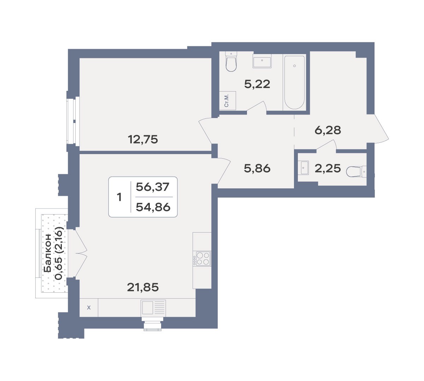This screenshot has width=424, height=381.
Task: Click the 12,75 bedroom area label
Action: pyautogui.click(x=143, y=139)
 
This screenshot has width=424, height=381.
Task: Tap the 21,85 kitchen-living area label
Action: pyautogui.click(x=143, y=287)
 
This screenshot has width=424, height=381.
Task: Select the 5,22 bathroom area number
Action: pyautogui.click(x=257, y=84)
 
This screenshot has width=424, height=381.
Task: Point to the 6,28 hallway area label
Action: pyautogui.click(x=328, y=130)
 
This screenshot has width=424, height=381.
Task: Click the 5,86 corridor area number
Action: pyautogui.click(x=257, y=168)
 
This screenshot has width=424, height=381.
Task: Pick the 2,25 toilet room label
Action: pyautogui.click(x=328, y=168)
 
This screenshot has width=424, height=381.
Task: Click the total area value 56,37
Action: pyautogui.click(x=152, y=187)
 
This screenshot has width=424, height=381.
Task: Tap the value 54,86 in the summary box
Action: pyautogui.click(x=153, y=207)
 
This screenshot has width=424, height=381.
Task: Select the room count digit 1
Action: pyautogui.click(x=119, y=197)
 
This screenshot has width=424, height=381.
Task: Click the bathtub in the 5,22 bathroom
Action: pyautogui.click(x=294, y=82)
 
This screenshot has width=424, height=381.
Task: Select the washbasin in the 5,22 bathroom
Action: pyautogui.click(x=262, y=61)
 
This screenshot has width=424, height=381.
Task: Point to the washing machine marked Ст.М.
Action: pyautogui.click(x=228, y=100)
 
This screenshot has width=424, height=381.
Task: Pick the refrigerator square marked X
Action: pyautogui.click(x=89, y=307)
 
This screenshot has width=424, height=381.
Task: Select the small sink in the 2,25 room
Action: pyautogui.click(x=305, y=168)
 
